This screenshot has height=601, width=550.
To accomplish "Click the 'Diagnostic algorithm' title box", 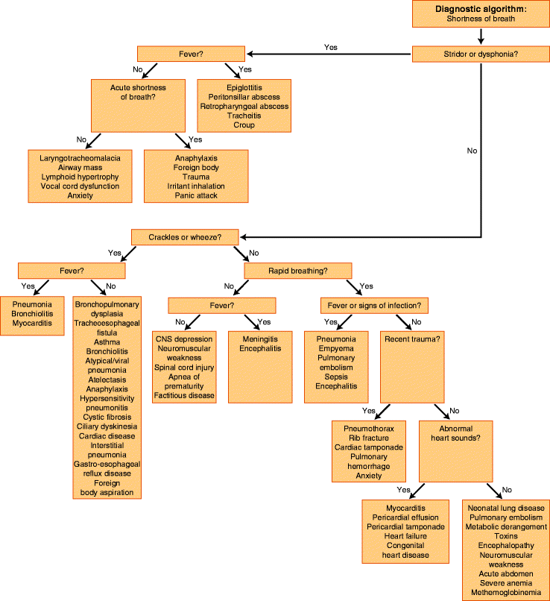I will pyautogui.click(x=481, y=13).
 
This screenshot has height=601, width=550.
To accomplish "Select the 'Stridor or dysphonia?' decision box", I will pyautogui.click(x=481, y=53).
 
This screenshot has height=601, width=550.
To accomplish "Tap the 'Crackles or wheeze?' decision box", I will pyautogui.click(x=186, y=236).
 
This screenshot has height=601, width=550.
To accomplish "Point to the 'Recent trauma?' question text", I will pyautogui.click(x=411, y=339).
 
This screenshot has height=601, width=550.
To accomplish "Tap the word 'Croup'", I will pyautogui.click(x=244, y=125).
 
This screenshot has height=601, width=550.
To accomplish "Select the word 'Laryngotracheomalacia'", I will pyautogui.click(x=80, y=157).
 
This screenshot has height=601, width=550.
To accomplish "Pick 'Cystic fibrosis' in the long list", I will pyautogui.click(x=108, y=417).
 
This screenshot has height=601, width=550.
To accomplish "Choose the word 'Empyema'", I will pyautogui.click(x=335, y=348).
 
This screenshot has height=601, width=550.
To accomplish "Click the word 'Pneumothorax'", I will pyautogui.click(x=369, y=428).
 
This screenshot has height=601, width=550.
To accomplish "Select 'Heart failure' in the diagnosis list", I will pyautogui.click(x=405, y=536).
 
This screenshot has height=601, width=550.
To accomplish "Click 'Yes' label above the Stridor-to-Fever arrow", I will pyautogui.click(x=331, y=47).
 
